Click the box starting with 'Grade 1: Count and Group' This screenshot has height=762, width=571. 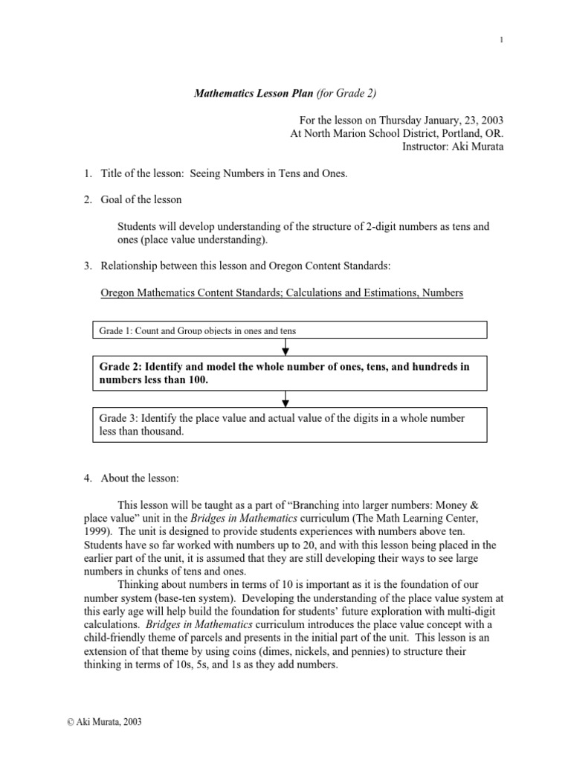289,330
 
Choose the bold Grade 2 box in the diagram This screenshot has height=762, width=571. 289,374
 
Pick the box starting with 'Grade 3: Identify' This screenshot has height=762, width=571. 289,425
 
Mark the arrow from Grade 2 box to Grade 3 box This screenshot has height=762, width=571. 286,400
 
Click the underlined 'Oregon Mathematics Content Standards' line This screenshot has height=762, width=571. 281,293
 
